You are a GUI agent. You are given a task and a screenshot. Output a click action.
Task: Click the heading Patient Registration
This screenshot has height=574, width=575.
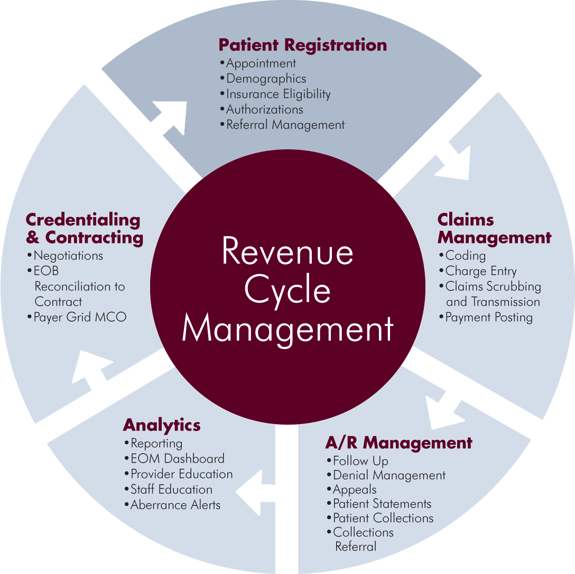(302, 45)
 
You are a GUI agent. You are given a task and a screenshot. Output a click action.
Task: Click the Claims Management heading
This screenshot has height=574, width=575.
(494, 229)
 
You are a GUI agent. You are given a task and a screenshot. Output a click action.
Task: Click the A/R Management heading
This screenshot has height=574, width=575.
(398, 443)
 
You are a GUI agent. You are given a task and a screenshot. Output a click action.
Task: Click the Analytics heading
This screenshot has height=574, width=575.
(162, 425)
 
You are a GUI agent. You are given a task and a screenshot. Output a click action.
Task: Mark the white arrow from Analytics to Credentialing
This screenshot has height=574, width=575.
(93, 373)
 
